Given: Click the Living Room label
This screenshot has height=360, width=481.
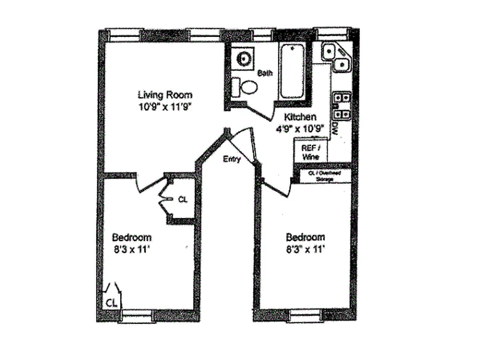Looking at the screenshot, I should [x=165, y=95].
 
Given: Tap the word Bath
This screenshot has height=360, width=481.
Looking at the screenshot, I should [x=265, y=73].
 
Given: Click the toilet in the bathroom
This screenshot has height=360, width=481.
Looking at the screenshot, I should [x=245, y=86].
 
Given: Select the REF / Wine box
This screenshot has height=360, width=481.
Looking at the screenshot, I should [x=310, y=152].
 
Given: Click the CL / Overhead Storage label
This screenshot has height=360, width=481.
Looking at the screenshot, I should [x=324, y=175].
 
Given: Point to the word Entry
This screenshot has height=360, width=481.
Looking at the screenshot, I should [x=232, y=159].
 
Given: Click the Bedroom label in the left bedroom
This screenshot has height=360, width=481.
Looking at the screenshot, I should [x=131, y=237].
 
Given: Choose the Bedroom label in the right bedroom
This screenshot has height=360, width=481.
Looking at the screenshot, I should [x=306, y=237].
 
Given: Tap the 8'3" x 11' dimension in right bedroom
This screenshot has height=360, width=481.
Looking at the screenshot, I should [x=306, y=250].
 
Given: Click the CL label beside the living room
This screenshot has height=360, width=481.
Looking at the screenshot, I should [x=183, y=199].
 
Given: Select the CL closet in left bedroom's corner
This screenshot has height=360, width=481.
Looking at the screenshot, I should [x=112, y=302].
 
